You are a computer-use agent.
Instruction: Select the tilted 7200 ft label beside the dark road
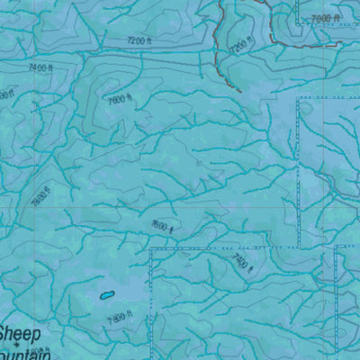[238, 46]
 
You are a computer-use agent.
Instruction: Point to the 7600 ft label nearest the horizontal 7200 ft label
[119, 100]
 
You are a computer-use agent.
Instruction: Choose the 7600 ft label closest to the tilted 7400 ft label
[162, 227]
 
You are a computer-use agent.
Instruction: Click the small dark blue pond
[105, 294]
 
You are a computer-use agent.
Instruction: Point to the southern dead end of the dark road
[239, 91]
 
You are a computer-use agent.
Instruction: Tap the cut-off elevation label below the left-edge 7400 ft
[4, 94]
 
